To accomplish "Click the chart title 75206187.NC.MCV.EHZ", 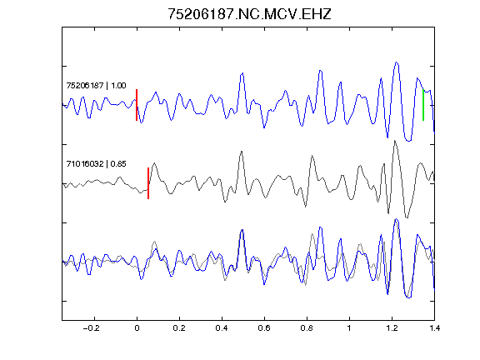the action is (249, 14).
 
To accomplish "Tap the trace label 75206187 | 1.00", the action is (96, 85).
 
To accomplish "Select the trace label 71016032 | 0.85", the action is (96, 164).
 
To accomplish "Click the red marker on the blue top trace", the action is (137, 105).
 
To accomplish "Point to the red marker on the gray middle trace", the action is (148, 183).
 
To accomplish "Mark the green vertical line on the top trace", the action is (423, 105).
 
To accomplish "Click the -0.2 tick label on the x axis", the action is (91, 328).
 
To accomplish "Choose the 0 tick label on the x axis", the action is (137, 328).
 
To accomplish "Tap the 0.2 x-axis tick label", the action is (179, 328).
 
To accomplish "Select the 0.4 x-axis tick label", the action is (222, 328).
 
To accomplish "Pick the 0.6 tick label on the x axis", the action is (264, 328).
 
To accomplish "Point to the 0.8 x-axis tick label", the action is (307, 328).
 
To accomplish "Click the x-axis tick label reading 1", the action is (349, 328).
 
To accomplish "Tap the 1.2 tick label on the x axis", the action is (392, 328).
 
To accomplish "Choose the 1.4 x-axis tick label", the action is (434, 328).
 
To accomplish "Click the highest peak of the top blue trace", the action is (397, 62).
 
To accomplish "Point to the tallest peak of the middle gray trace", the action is (395, 141).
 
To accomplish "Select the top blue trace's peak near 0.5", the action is (242, 73).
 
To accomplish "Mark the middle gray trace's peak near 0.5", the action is (242, 151).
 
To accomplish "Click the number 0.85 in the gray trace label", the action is (118, 164).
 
